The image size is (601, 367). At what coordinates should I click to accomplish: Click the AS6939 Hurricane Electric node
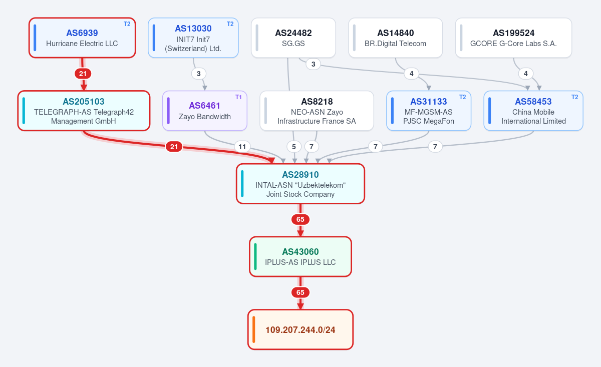(x=82, y=38)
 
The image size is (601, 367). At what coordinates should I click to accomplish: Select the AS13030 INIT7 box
(x=193, y=38)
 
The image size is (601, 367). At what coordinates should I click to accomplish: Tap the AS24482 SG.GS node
(x=293, y=38)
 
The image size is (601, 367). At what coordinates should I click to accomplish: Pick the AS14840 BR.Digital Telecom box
(x=396, y=38)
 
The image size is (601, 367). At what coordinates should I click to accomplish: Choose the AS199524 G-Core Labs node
(x=513, y=38)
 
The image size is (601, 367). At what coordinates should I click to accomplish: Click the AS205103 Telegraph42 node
(x=84, y=111)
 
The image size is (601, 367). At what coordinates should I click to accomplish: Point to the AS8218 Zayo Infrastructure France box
(x=317, y=111)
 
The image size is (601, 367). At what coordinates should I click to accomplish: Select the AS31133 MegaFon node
(x=429, y=111)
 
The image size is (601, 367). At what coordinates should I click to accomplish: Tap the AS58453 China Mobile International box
(x=533, y=111)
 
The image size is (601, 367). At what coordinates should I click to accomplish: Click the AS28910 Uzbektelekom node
(x=300, y=184)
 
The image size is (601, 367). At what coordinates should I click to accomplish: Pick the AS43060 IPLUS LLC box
(x=300, y=257)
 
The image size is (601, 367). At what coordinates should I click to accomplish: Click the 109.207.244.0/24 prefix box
(x=300, y=330)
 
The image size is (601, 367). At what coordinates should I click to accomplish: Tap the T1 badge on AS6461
(x=238, y=97)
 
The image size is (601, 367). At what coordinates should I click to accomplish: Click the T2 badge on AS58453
(x=575, y=97)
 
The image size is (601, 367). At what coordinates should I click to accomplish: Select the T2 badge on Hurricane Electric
(x=127, y=24)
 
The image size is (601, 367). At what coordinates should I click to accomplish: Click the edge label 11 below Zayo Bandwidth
(x=242, y=147)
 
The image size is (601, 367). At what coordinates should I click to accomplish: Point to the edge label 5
(x=294, y=147)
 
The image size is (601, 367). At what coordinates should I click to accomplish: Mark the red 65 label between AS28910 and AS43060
(x=300, y=219)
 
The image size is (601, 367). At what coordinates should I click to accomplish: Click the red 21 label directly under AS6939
(x=83, y=74)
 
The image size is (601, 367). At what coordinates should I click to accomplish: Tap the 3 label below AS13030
(x=198, y=74)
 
